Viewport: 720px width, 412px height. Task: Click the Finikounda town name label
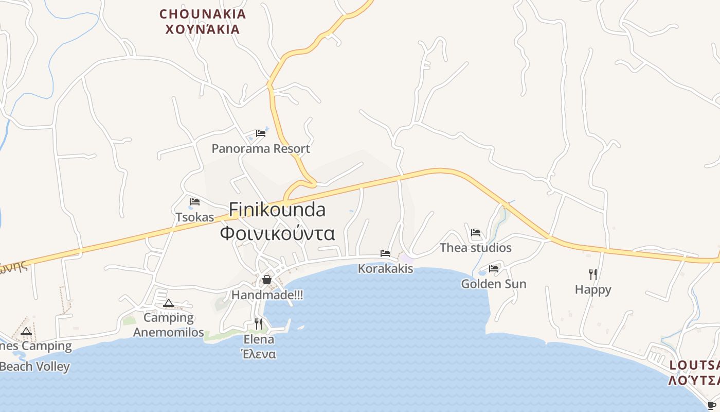coord(277,210)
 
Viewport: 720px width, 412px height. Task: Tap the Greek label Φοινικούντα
coord(277,233)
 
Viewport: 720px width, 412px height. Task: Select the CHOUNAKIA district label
coord(203,14)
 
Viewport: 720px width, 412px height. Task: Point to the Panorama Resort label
coord(261,149)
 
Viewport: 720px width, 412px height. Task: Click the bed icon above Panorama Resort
coord(261,133)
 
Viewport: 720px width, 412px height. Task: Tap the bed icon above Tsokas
coord(195,202)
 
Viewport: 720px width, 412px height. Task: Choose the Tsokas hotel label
coord(195,217)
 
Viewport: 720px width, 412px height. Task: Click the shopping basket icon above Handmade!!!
coord(267,280)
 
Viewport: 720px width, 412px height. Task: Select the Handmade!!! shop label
coord(267,295)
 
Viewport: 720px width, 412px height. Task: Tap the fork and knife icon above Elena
coord(259,324)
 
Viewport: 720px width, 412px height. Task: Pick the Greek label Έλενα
coord(259,354)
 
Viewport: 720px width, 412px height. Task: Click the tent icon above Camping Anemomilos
coord(169,303)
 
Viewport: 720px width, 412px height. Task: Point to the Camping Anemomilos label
coord(169,325)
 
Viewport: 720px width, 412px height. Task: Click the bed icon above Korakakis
coord(385,253)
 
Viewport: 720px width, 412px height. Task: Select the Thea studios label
coord(476,248)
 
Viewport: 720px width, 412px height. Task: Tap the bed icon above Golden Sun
coord(494,268)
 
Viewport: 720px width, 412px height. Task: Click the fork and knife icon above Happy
coord(593,274)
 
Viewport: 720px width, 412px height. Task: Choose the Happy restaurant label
coord(593,289)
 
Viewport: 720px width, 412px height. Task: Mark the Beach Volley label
coord(35,367)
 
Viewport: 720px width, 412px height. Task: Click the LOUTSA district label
coord(694,366)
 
